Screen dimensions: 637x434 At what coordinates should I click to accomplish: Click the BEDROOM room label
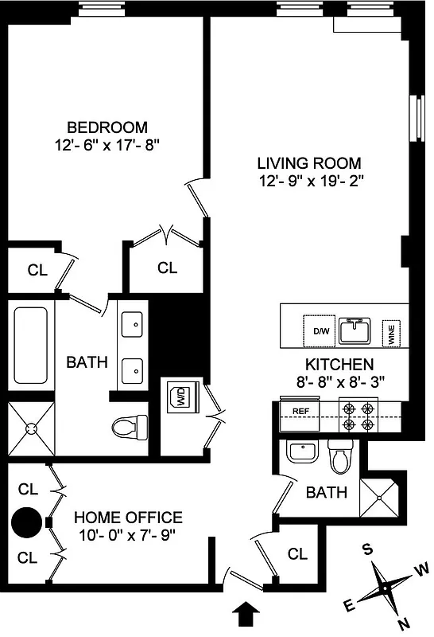click(107, 127)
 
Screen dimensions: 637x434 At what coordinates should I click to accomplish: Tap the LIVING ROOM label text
click(309, 162)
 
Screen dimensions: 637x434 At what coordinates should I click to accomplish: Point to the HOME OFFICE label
click(128, 518)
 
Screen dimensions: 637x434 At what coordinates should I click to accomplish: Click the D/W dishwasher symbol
click(320, 330)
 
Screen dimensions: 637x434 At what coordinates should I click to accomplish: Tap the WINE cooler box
click(391, 332)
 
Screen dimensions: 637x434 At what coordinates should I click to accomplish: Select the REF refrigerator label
click(300, 411)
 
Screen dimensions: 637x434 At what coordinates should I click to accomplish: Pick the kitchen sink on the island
click(355, 330)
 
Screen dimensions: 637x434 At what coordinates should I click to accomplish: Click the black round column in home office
click(25, 523)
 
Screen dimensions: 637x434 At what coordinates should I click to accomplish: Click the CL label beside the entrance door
click(297, 554)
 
